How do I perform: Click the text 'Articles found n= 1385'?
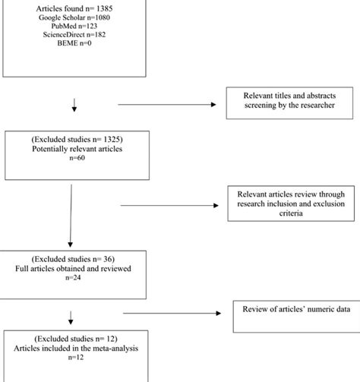(x=74, y=7)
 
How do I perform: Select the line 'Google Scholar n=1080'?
(x=74, y=17)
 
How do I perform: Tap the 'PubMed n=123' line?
(x=74, y=26)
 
